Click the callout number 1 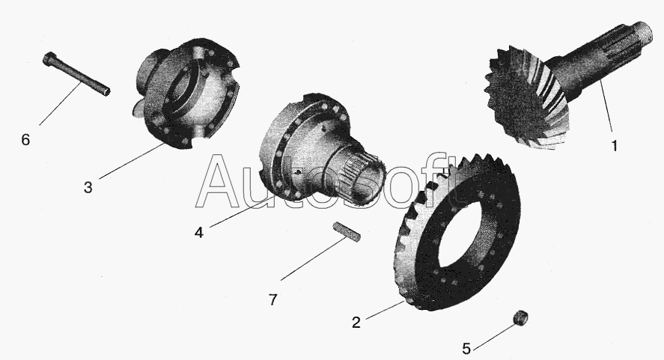pyautogui.click(x=615, y=146)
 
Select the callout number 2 pyautogui.click(x=356, y=323)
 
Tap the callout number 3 pyautogui.click(x=88, y=187)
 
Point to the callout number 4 pyautogui.click(x=199, y=232)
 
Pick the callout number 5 pyautogui.click(x=466, y=349)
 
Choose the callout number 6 pyautogui.click(x=26, y=139)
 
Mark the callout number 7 pyautogui.click(x=273, y=300)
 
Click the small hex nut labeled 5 pyautogui.click(x=520, y=317)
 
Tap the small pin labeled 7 pyautogui.click(x=347, y=232)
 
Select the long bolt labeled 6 pyautogui.click(x=76, y=73)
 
